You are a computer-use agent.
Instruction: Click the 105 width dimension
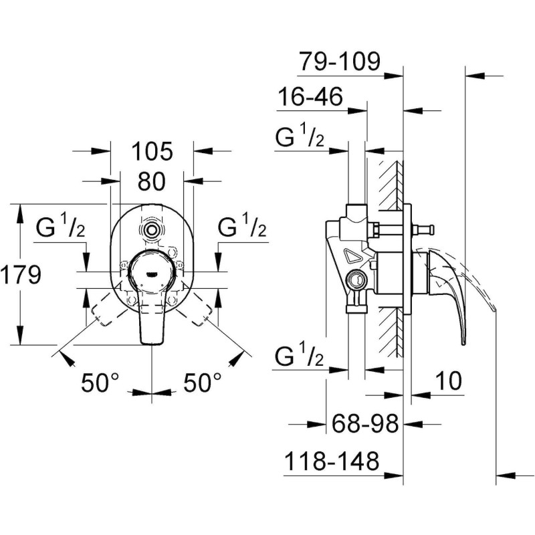tap(152, 151)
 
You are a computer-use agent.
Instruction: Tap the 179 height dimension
tap(21, 275)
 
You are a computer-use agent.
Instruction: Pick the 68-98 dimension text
tap(366, 423)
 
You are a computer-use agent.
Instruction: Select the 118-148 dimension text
tap(332, 461)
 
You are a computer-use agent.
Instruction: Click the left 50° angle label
tap(100, 383)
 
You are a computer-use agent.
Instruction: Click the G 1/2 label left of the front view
tap(60, 229)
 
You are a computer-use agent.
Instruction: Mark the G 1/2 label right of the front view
tap(243, 229)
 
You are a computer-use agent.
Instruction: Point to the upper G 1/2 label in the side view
tap(300, 138)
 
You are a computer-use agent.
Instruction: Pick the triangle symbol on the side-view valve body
tap(352, 255)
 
